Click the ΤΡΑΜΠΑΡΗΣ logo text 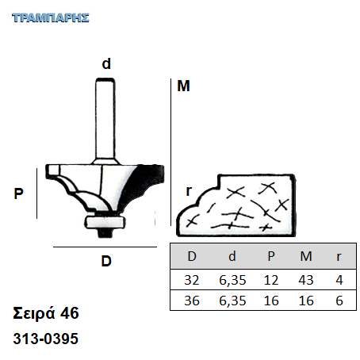(51, 17)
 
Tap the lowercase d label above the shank (106, 64)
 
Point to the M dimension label (183, 86)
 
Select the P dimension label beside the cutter (18, 193)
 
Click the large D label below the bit (106, 261)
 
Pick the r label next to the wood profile (189, 191)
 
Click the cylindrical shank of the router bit (105, 121)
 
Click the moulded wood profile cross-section (236, 205)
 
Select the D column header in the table (192, 256)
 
